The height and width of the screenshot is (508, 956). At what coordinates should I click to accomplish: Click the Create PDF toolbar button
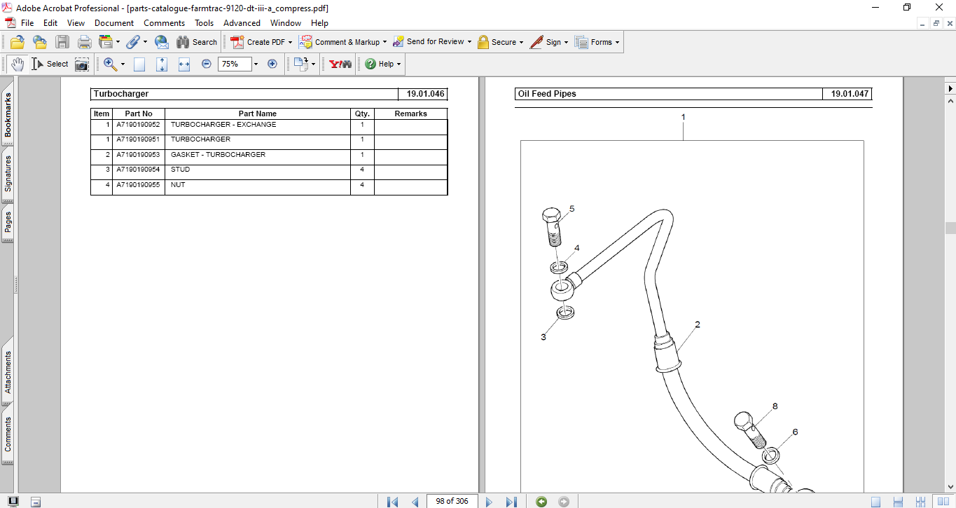(261, 42)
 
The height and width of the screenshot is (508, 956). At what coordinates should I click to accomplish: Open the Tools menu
(204, 23)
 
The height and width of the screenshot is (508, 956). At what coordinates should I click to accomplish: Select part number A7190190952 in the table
(138, 125)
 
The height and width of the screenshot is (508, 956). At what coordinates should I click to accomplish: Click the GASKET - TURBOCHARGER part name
(218, 155)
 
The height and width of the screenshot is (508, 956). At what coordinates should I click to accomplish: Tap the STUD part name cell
(180, 170)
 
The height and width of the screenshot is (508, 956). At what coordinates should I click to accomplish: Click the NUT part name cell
(178, 185)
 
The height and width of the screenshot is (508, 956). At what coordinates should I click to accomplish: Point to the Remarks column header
(410, 114)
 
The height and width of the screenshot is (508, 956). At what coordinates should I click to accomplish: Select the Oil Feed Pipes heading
(546, 94)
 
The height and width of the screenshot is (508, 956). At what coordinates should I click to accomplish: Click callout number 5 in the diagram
(571, 209)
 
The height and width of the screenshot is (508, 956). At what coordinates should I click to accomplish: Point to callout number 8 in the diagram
(775, 406)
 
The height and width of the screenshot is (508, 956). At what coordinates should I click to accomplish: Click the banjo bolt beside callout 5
(552, 226)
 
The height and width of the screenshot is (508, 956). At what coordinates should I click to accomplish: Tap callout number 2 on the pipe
(698, 324)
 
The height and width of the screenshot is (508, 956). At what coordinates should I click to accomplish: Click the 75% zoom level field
(233, 64)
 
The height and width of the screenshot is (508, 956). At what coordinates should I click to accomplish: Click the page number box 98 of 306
(452, 501)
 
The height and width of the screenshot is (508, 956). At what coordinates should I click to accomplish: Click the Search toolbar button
(197, 42)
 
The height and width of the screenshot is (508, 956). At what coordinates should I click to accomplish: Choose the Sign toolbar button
(548, 42)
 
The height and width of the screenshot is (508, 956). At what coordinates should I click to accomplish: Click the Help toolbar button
(382, 64)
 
